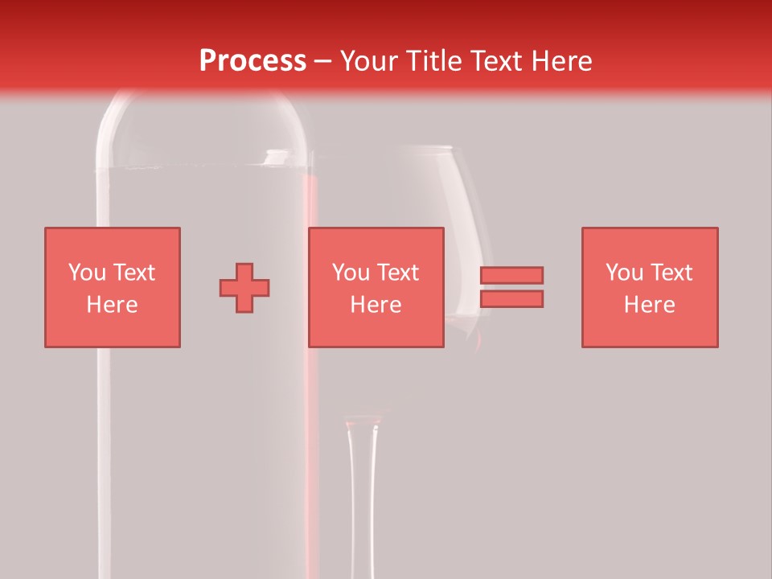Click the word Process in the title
tap(253, 61)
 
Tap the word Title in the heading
tap(435, 61)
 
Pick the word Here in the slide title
tap(563, 61)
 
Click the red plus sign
tap(244, 288)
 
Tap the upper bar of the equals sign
tap(511, 275)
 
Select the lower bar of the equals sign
tap(511, 299)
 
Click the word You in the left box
tap(87, 273)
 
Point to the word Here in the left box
tap(112, 305)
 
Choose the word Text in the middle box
tap(397, 273)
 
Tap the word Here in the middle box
tap(376, 305)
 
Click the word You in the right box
tap(624, 273)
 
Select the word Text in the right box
tap(671, 273)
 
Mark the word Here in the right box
tap(649, 305)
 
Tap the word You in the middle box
tap(351, 273)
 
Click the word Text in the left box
tap(133, 273)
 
